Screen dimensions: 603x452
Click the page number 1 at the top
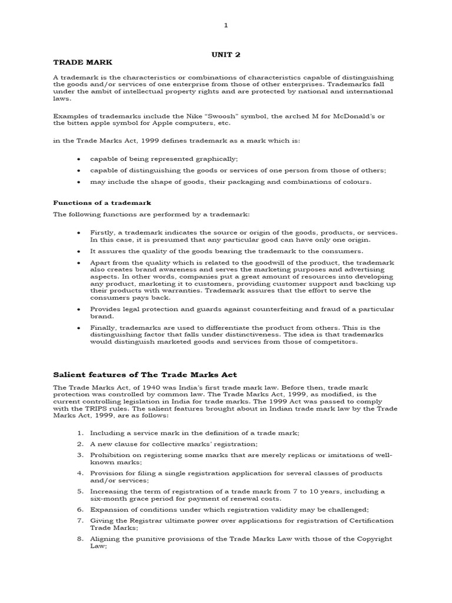coord(225,25)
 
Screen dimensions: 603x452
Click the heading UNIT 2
coord(226,54)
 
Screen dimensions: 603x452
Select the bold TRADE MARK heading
coord(82,62)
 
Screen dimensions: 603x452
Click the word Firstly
coord(102,232)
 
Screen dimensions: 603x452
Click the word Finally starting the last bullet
coord(103,327)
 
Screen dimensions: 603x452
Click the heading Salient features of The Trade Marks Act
coord(145,375)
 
